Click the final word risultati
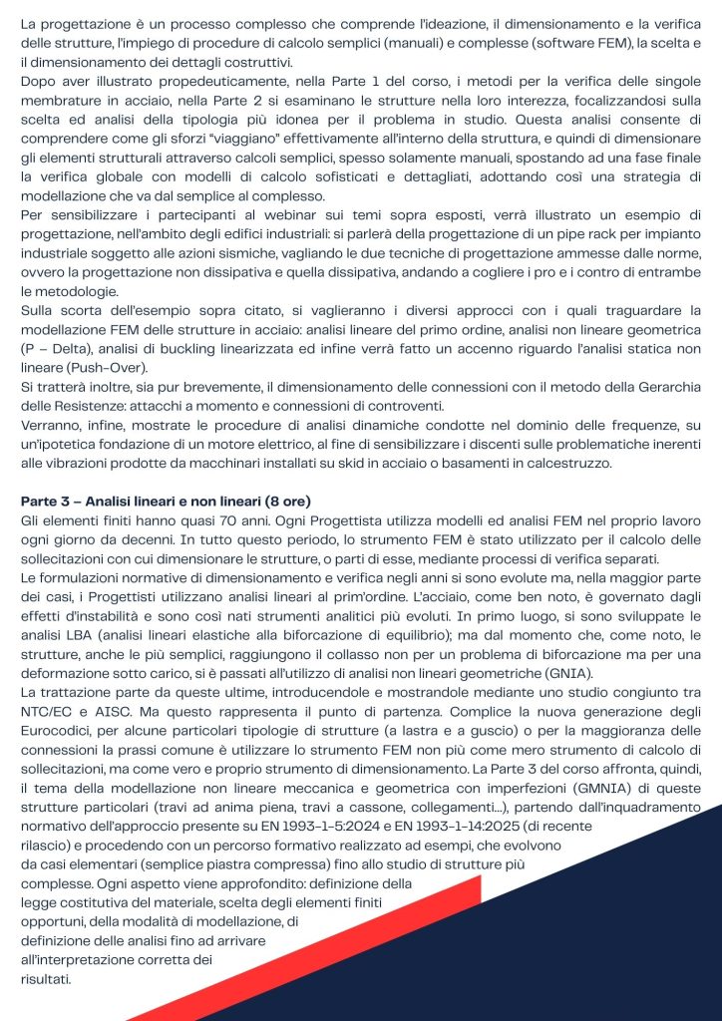tap(45, 980)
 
